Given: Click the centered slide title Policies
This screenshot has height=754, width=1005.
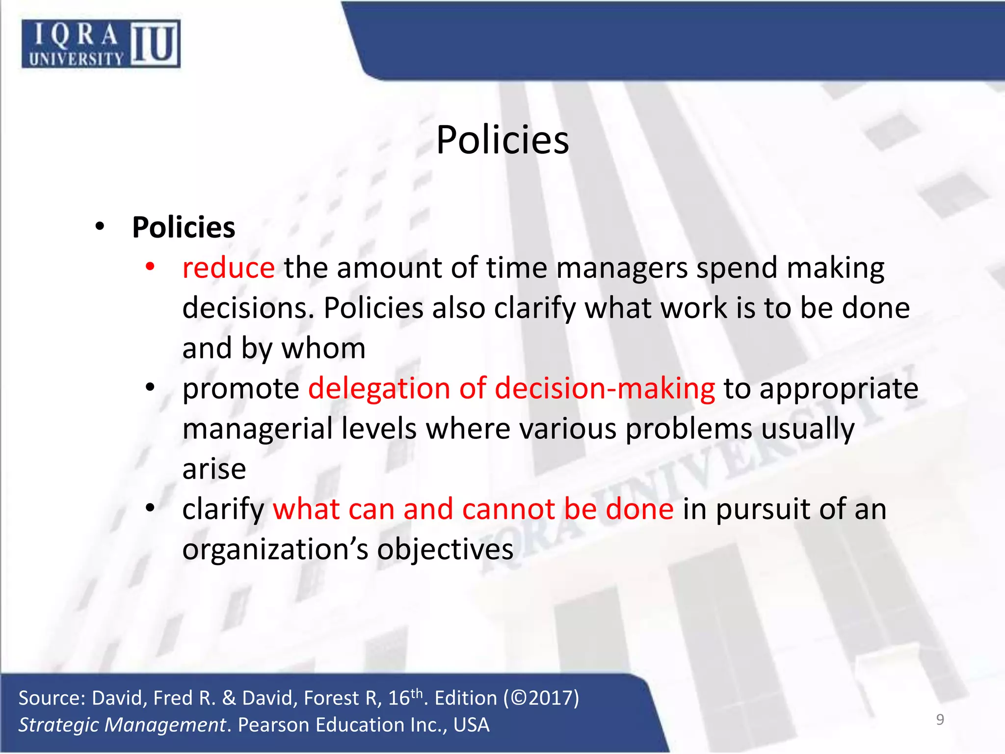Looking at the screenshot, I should pos(502,140).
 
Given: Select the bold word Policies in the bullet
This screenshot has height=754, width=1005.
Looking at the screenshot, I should pos(184,227).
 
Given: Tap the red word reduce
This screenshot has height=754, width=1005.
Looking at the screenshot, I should pos(228,268).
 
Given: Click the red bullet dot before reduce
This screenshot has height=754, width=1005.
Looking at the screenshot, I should pos(150,267).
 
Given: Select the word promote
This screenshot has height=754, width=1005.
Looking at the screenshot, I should pos(240,389).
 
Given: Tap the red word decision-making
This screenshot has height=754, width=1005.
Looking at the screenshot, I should pos(605,388).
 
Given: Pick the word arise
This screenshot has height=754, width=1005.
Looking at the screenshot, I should pos(214,469).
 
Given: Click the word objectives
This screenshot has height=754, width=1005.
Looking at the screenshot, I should pos(445,550).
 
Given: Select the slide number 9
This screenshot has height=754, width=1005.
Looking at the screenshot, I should pos(940,719).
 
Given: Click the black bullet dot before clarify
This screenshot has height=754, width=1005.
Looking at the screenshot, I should pos(150,508).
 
